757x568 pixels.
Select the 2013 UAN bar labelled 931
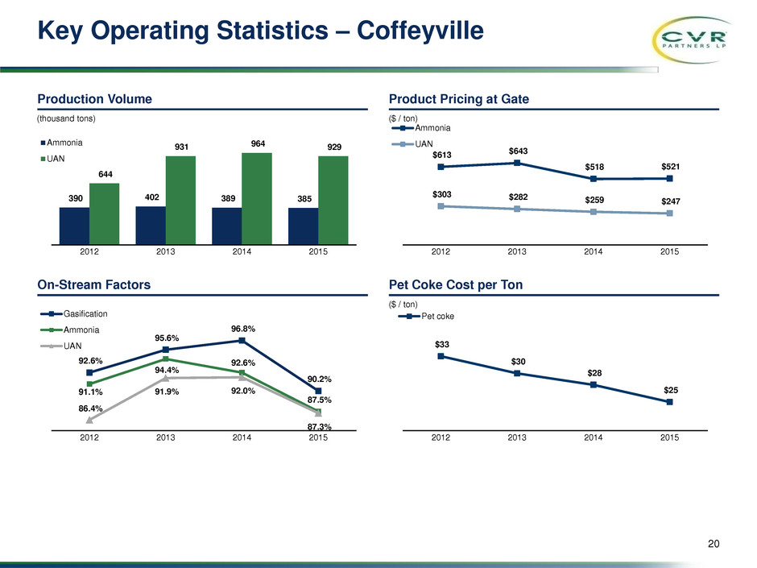pos(181,199)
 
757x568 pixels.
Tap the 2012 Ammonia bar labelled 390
pos(74,225)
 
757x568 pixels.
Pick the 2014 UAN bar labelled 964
pos(258,197)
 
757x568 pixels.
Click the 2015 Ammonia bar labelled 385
pos(303,225)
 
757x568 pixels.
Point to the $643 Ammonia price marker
pos(517,164)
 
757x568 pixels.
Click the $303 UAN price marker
pos(441,206)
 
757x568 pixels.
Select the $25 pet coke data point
pos(669,402)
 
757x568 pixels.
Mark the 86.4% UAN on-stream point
pos(90,419)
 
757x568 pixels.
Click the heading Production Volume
pos(95,99)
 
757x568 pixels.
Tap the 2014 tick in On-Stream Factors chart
pos(242,438)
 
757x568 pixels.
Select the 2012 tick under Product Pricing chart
pos(441,252)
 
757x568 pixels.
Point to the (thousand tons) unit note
pos(66,118)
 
